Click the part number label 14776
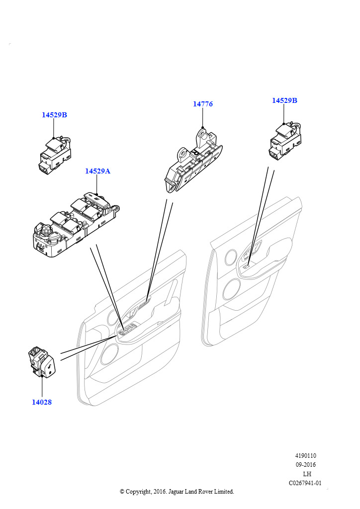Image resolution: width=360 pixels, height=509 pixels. [203, 104]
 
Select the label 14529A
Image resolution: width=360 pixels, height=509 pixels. [98, 171]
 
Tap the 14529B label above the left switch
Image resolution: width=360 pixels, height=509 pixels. [54, 115]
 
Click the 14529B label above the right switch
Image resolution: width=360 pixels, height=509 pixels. [284, 100]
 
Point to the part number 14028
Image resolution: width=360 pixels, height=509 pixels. [42, 402]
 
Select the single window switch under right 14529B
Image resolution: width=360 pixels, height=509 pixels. [285, 141]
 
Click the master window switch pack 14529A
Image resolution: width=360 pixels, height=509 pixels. [76, 225]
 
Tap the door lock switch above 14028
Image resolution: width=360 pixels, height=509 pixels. [43, 362]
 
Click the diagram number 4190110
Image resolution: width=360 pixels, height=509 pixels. [305, 456]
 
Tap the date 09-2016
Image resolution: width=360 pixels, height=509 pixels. [305, 465]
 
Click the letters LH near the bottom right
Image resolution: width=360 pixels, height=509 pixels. [307, 474]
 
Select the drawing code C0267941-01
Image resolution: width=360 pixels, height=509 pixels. [305, 483]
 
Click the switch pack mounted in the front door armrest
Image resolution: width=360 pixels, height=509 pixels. [127, 330]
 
